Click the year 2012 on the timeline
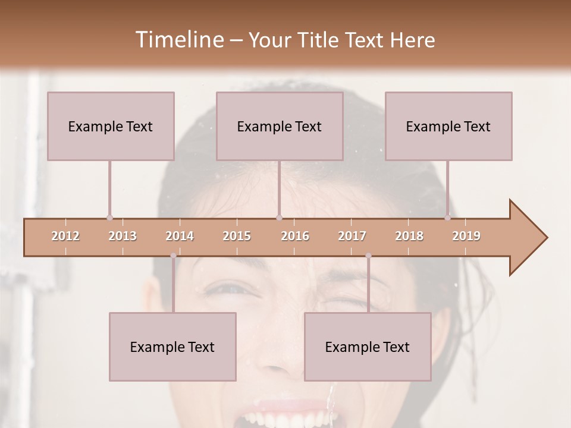click(65, 236)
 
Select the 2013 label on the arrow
click(123, 236)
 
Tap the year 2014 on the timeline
click(180, 236)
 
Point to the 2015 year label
click(237, 236)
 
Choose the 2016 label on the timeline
click(295, 236)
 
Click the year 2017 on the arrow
click(352, 236)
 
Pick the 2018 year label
click(409, 236)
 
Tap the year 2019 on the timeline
click(466, 236)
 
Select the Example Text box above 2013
click(111, 126)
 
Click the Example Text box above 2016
click(280, 126)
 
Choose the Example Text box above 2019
click(448, 126)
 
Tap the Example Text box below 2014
click(172, 347)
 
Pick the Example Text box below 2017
click(368, 347)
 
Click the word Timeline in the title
click(178, 40)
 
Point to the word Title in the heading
click(319, 40)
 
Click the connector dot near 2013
click(109, 218)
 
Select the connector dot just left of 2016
click(280, 218)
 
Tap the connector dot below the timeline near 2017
click(368, 256)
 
